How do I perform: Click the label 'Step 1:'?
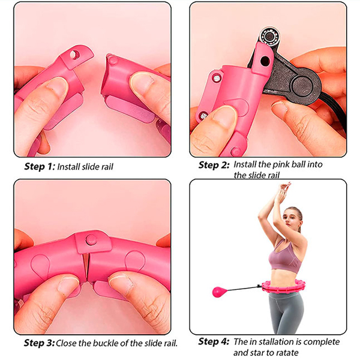pos(40,166)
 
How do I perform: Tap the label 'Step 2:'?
pos(214,165)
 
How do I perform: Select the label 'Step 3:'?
pos(39,343)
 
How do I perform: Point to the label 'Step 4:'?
pos(214,341)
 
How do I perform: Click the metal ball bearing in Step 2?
pos(270,37)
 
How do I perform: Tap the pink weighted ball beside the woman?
pos(218,292)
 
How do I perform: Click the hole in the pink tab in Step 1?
pos(74,55)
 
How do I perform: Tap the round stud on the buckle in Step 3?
pos(91,240)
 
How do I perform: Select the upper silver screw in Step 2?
pos(217,78)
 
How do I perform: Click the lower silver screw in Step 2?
pos(203,116)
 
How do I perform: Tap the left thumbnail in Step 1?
pos(56,87)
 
